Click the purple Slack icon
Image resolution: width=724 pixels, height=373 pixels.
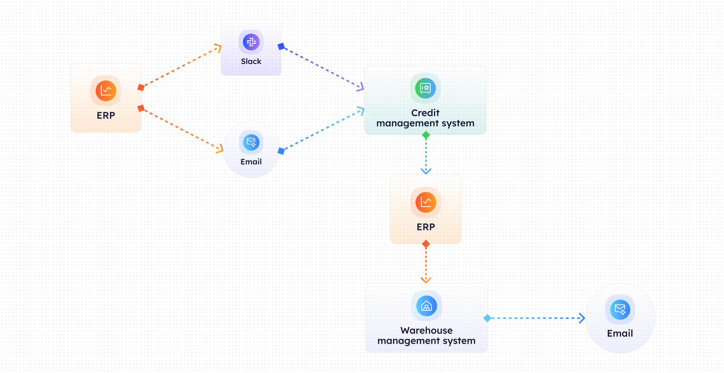(251, 42)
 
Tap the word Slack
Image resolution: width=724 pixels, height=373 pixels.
(251, 61)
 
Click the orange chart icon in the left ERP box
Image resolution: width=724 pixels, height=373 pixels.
(106, 91)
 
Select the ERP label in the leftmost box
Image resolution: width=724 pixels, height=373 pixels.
(106, 116)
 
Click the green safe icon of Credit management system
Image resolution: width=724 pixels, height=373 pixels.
(425, 88)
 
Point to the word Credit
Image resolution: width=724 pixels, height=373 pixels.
(425, 113)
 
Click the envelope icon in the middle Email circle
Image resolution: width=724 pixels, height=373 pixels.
(251, 142)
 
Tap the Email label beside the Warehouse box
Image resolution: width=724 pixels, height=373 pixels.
(620, 334)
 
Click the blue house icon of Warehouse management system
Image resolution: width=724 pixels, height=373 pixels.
(426, 306)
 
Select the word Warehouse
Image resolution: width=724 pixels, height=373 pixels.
(426, 331)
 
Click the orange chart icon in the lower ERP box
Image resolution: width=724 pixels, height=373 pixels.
(426, 202)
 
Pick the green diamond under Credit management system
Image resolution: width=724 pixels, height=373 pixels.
(426, 135)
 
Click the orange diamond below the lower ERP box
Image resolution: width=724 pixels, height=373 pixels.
(426, 244)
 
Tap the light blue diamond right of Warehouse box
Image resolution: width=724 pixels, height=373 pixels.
(487, 318)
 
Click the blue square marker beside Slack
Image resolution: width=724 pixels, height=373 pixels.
(281, 46)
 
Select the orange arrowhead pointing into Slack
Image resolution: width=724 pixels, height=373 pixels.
(219, 48)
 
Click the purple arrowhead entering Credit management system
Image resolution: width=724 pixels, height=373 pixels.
(361, 87)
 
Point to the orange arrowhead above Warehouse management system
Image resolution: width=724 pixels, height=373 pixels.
(426, 280)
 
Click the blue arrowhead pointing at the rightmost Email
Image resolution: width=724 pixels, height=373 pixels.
(582, 318)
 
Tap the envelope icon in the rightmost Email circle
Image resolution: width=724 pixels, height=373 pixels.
(620, 309)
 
